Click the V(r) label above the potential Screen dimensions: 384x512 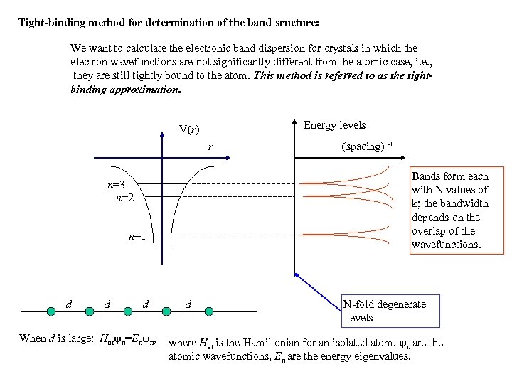pyautogui.click(x=188, y=129)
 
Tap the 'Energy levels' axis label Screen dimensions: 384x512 pyautogui.click(x=334, y=125)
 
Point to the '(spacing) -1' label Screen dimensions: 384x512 pyautogui.click(x=367, y=147)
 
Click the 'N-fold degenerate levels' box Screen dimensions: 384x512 pyautogui.click(x=384, y=311)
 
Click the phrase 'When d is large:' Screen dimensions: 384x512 pyautogui.click(x=55, y=339)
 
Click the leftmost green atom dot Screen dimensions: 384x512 pyautogui.click(x=51, y=311)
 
